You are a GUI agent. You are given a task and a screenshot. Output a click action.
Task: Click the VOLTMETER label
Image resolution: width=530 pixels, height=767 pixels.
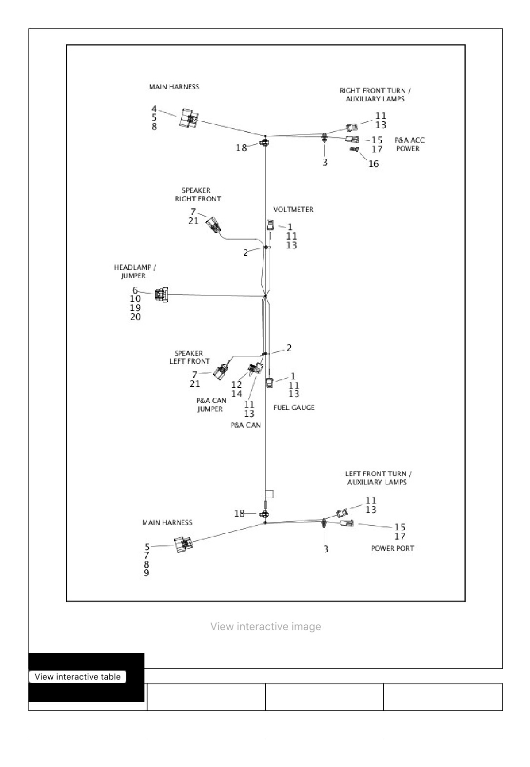pyautogui.click(x=293, y=209)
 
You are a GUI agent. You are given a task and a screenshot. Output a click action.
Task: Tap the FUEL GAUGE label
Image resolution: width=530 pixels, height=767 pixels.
pyautogui.click(x=294, y=408)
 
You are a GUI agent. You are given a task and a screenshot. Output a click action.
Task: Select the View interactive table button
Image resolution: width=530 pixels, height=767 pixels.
pyautogui.click(x=78, y=676)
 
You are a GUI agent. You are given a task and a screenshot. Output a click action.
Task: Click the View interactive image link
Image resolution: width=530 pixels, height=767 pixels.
pyautogui.click(x=266, y=627)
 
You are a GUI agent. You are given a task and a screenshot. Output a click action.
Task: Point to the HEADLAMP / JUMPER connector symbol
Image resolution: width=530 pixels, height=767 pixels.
pyautogui.click(x=161, y=295)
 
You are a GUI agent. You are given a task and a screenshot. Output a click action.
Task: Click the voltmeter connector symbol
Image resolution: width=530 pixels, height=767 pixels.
pyautogui.click(x=270, y=225)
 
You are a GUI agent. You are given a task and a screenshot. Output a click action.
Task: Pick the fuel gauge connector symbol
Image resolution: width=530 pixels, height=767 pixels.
pyautogui.click(x=270, y=382)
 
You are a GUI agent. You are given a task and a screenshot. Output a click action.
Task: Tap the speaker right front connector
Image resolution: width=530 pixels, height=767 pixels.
pyautogui.click(x=214, y=225)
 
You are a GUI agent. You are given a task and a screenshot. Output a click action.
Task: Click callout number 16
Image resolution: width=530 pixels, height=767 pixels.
pyautogui.click(x=373, y=164)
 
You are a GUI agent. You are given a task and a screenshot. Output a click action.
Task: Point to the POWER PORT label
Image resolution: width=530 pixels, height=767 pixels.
pyautogui.click(x=393, y=548)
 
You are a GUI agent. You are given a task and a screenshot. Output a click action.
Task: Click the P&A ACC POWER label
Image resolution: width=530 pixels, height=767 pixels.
pyautogui.click(x=410, y=144)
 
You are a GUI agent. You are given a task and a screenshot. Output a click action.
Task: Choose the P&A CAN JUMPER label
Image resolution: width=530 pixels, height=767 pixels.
pyautogui.click(x=211, y=405)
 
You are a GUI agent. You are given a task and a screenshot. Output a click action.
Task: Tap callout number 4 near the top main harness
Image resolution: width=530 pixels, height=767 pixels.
pyautogui.click(x=154, y=109)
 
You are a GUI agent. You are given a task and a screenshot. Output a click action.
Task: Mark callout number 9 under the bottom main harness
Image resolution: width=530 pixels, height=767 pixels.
pyautogui.click(x=147, y=573)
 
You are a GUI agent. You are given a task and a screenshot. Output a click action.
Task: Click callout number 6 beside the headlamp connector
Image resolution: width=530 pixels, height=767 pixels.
pyautogui.click(x=135, y=290)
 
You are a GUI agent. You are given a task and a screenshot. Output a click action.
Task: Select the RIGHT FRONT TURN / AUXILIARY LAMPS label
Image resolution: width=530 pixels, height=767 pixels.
pyautogui.click(x=375, y=94)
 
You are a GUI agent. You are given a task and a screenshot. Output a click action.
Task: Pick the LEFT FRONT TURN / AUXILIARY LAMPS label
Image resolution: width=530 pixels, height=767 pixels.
pyautogui.click(x=378, y=478)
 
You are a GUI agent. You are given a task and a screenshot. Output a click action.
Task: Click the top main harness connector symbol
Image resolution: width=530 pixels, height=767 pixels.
pyautogui.click(x=189, y=118)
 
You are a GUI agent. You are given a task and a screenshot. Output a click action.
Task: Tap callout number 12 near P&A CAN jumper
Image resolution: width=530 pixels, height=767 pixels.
pyautogui.click(x=236, y=385)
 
